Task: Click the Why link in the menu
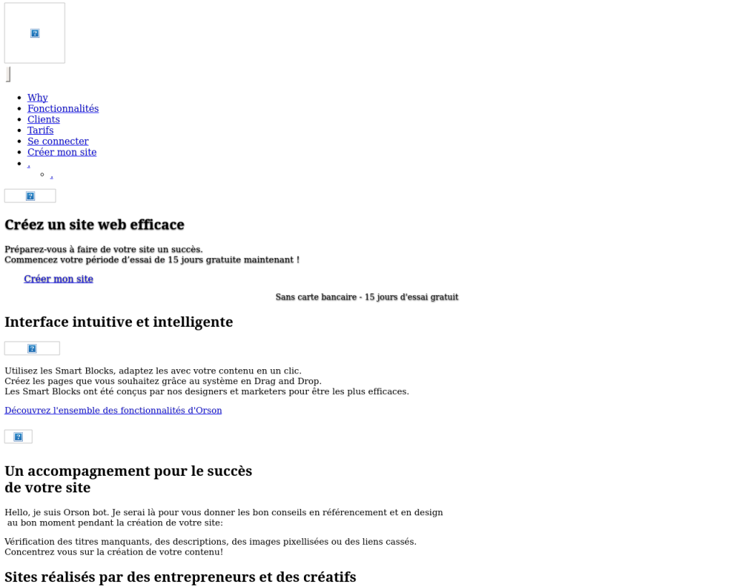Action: click(x=37, y=97)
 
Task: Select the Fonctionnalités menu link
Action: click(x=63, y=108)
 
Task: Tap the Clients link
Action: click(x=44, y=119)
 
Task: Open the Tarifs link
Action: click(x=40, y=130)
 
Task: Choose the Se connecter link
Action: click(x=58, y=141)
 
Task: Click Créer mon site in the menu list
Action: click(x=62, y=152)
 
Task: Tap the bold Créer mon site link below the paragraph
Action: click(x=58, y=279)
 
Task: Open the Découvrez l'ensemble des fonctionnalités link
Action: click(x=113, y=411)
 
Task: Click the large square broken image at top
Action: click(x=34, y=33)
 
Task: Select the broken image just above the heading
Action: click(x=30, y=196)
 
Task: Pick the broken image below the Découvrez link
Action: click(x=18, y=436)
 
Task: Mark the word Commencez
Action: click(x=29, y=260)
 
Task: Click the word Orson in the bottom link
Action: click(x=209, y=411)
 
